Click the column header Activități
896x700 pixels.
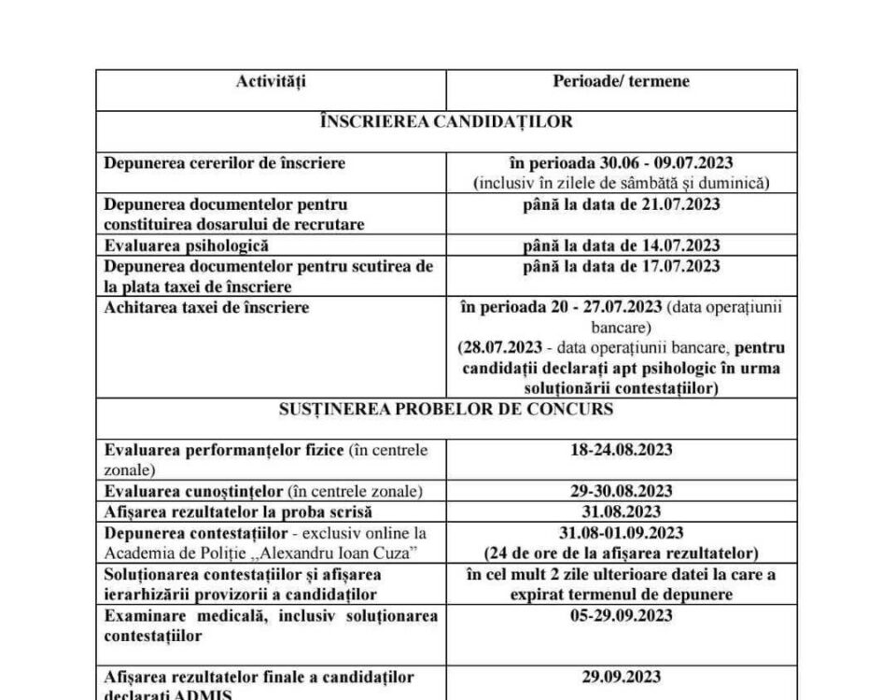pyautogui.click(x=271, y=81)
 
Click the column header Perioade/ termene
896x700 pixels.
pyautogui.click(x=621, y=81)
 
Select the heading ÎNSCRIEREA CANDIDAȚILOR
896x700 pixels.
pyautogui.click(x=446, y=121)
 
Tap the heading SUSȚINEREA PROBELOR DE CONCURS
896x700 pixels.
pyautogui.click(x=446, y=410)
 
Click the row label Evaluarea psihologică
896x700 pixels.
pyautogui.click(x=188, y=245)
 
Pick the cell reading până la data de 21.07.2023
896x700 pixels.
pyautogui.click(x=621, y=204)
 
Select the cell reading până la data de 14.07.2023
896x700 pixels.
pyautogui.click(x=621, y=245)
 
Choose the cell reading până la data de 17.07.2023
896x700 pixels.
pyautogui.click(x=621, y=266)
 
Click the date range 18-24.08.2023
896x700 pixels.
pyautogui.click(x=621, y=450)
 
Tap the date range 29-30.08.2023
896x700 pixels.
pyautogui.click(x=621, y=491)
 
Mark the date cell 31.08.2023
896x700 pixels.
pyautogui.click(x=621, y=511)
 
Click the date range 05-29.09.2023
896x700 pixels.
pyautogui.click(x=621, y=615)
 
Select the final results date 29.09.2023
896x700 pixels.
pyautogui.click(x=621, y=677)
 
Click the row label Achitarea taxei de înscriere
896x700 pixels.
pyautogui.click(x=206, y=307)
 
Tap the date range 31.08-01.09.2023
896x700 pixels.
pyautogui.click(x=621, y=532)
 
